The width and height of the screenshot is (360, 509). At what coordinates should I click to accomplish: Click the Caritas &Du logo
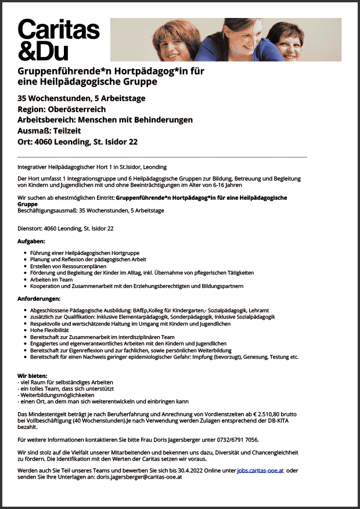click(x=58, y=39)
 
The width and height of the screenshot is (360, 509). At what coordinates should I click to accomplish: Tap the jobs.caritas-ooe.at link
click(x=260, y=470)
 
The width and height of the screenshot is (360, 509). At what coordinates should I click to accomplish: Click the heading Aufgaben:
click(x=31, y=240)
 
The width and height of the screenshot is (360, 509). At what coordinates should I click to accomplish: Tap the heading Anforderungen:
click(x=39, y=298)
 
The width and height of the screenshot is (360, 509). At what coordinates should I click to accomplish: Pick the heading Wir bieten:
click(x=33, y=376)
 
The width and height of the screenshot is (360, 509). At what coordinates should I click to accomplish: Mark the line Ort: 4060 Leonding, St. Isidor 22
click(x=77, y=142)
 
